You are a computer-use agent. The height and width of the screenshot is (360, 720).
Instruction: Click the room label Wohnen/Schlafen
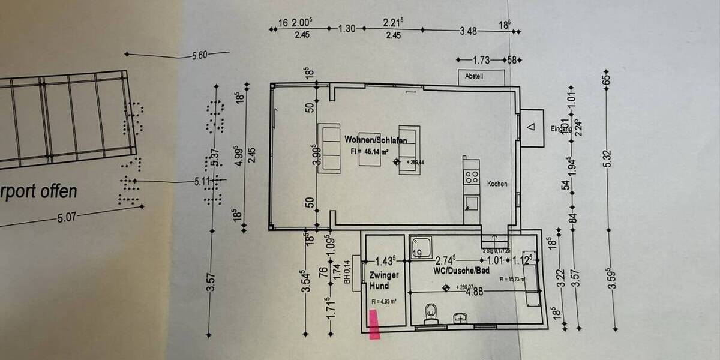[376, 139]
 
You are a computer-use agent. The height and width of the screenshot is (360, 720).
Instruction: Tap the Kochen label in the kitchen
[497, 184]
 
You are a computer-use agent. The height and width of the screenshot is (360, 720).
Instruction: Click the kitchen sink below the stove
[472, 202]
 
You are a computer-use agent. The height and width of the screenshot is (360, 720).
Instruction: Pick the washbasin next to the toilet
[460, 316]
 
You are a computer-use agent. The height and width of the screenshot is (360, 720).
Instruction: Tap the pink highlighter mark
[375, 325]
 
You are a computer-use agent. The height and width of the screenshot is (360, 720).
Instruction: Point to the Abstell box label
[475, 76]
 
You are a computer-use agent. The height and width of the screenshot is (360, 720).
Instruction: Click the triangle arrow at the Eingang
[530, 127]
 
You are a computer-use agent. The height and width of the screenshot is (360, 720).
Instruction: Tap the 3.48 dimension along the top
[468, 31]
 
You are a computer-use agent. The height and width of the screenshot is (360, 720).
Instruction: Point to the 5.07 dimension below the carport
[67, 217]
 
